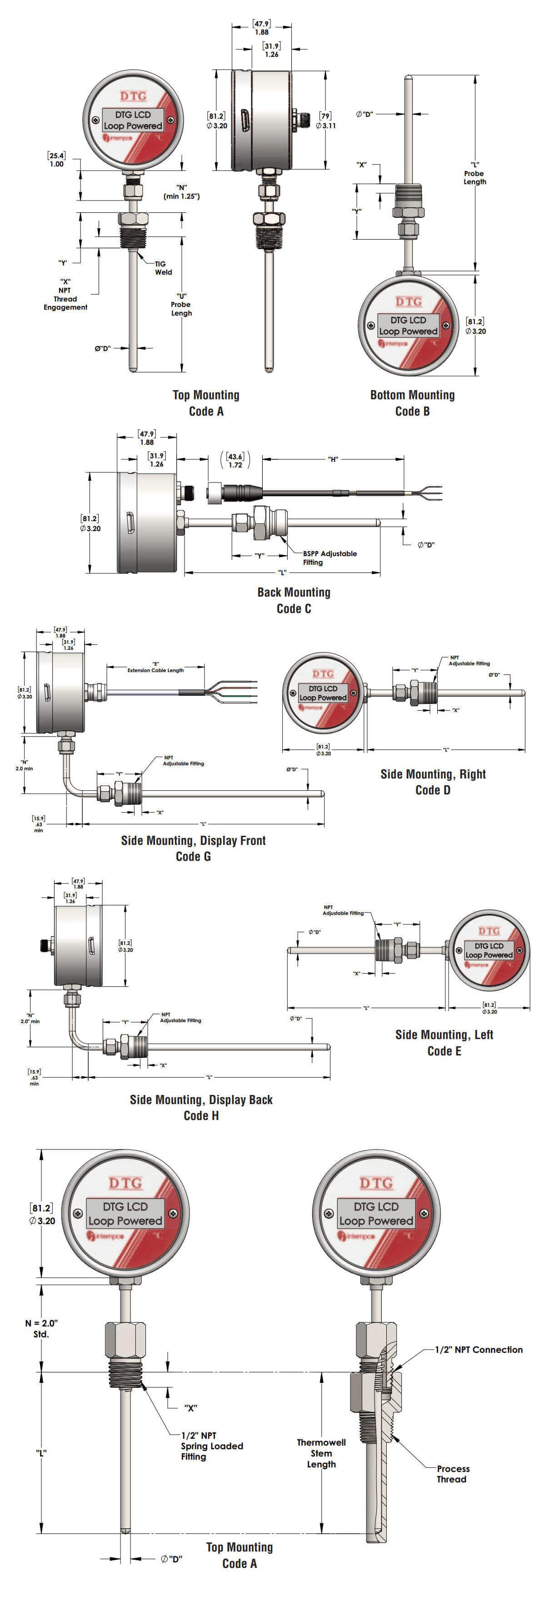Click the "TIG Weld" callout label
[x=163, y=268]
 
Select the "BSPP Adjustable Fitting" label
[x=329, y=557]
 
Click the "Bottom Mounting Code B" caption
[x=412, y=402]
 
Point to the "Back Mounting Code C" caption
[x=294, y=600]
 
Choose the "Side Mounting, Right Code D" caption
[x=433, y=781]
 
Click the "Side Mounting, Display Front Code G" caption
[x=193, y=848]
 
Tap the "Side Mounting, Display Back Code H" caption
[x=201, y=1107]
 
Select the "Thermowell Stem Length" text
[x=321, y=1453]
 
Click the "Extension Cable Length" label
[x=155, y=669]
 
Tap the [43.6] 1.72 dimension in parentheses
[x=235, y=460]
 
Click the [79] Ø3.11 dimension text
[x=325, y=120]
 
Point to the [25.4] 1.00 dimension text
[x=56, y=159]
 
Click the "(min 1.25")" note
[x=181, y=196]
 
